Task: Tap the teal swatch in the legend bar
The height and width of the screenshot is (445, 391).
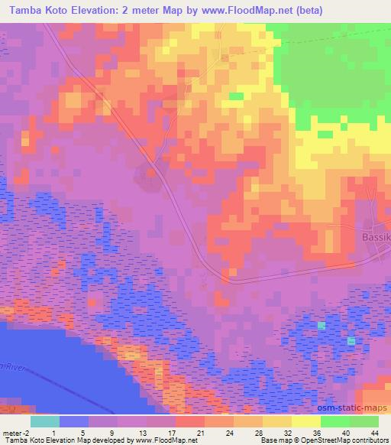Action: [x=44, y=421]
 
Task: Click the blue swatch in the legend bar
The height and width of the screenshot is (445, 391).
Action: [x=73, y=421]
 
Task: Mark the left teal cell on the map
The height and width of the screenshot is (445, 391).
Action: [x=322, y=326]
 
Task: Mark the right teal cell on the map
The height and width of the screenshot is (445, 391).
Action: [x=351, y=340]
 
